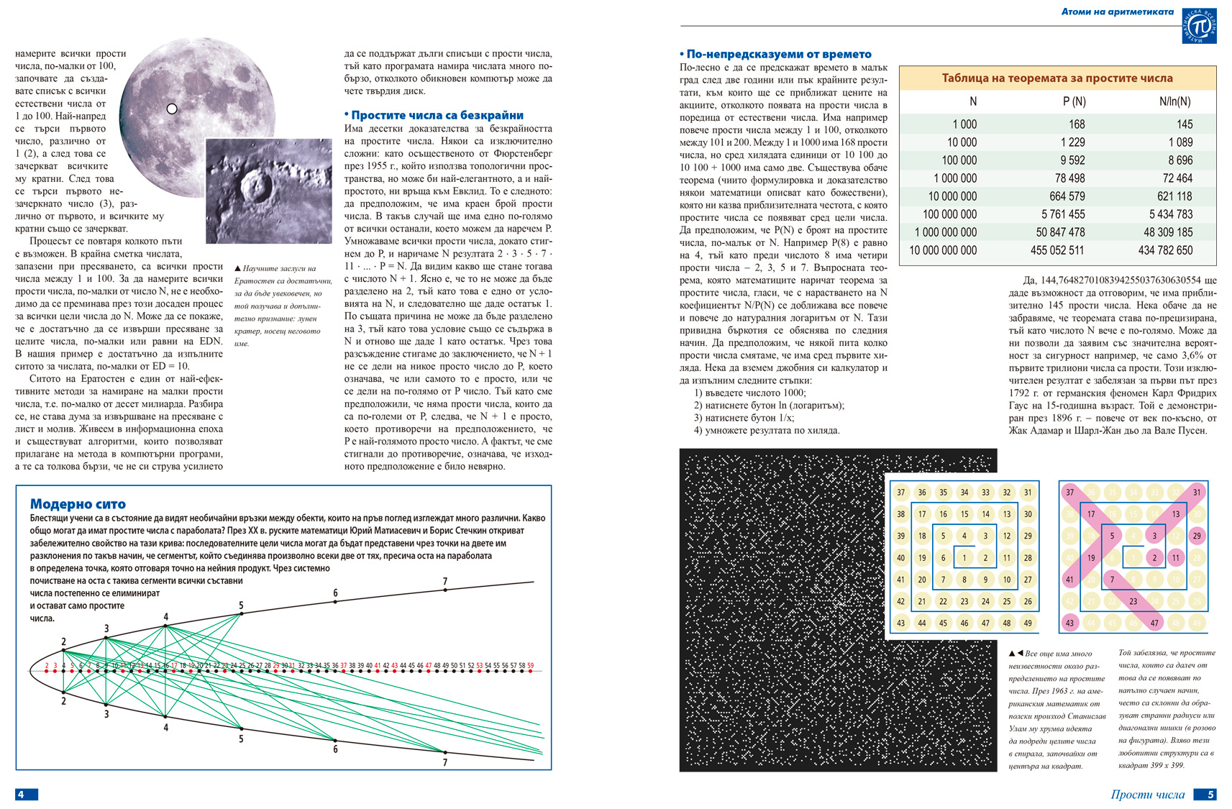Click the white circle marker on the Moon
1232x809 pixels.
(172, 109)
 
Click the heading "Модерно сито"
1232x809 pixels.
(78, 504)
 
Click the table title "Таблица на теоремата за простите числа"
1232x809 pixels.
(1057, 78)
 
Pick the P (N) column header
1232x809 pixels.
(1074, 101)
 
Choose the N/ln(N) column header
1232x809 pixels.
(1174, 101)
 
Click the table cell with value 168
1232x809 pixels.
(1076, 124)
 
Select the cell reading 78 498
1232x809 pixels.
(1069, 178)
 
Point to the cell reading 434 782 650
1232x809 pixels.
(1165, 250)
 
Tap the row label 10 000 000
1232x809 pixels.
(952, 196)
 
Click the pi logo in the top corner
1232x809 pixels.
(1200, 27)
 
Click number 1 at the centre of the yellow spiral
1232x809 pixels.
(964, 557)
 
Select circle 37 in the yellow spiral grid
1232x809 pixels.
(901, 493)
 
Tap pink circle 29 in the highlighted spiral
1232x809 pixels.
(1197, 536)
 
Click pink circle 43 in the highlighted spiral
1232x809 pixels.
(1070, 623)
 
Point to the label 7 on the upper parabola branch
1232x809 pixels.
(445, 581)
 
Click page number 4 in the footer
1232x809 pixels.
(22, 794)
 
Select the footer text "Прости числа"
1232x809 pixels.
(1147, 794)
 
